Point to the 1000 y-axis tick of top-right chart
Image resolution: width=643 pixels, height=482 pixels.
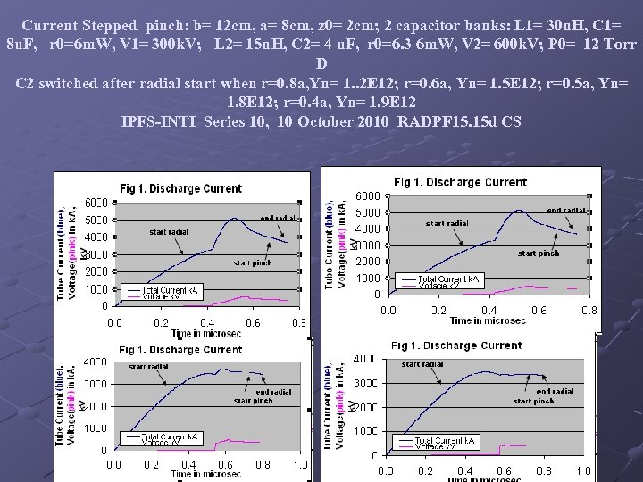pos(369,278)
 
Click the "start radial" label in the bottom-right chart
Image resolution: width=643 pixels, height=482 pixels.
pos(422,364)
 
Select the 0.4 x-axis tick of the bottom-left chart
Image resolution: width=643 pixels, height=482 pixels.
pos(207,464)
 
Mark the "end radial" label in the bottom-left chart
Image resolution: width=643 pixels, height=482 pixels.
pos(273,392)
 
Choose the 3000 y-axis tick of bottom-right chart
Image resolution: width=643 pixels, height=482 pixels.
pos(366,383)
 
